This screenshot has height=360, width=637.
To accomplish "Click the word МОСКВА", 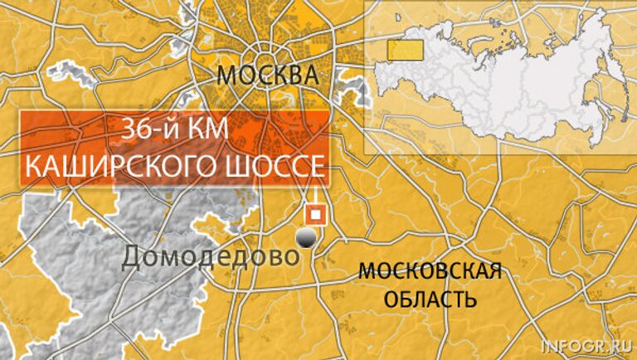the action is coord(268,76).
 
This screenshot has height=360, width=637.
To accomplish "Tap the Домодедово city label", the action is coord(210,257).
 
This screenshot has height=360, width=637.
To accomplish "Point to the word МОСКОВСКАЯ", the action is coord(430,272).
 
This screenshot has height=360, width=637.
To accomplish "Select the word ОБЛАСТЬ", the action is coord(431,298).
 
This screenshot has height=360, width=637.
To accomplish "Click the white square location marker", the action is coord(314,213).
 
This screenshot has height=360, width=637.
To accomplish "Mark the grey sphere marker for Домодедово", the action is coord(307,239).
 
